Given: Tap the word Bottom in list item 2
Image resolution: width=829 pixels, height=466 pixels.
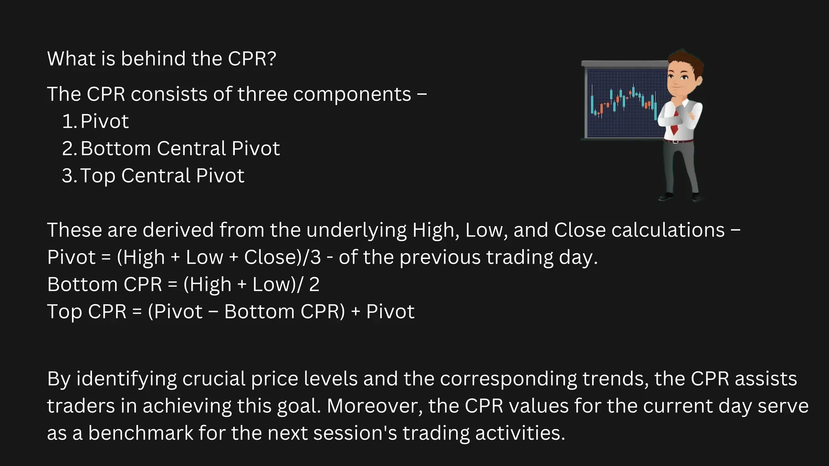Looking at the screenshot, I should pyautogui.click(x=115, y=148).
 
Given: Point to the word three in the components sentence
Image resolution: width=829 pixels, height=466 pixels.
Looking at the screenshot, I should pyautogui.click(x=262, y=94).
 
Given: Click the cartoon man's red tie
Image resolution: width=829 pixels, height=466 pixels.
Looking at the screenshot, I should pyautogui.click(x=675, y=124).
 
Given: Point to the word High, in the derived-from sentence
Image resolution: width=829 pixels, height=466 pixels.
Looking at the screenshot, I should pyautogui.click(x=436, y=230).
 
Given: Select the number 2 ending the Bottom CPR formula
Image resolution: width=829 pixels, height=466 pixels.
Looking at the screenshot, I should pyautogui.click(x=314, y=284).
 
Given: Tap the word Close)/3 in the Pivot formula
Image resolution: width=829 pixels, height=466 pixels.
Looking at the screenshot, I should pyautogui.click(x=282, y=257).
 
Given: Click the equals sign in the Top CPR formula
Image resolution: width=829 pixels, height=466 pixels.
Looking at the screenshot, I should pyautogui.click(x=137, y=312).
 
